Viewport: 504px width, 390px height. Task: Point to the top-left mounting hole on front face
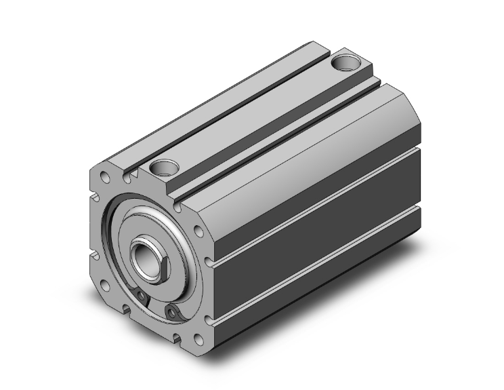(104, 177)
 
